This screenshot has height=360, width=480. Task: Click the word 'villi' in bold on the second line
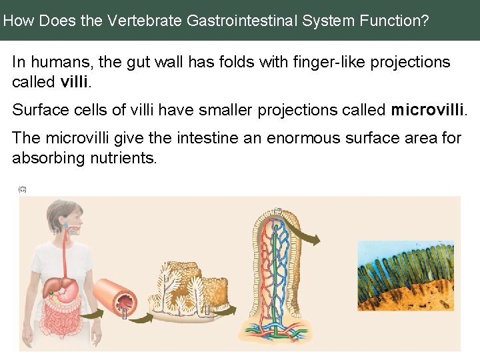click(x=75, y=83)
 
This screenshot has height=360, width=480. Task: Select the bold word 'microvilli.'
click(x=429, y=110)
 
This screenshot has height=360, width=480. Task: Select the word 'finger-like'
click(x=303, y=63)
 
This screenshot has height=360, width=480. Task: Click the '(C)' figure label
click(x=22, y=190)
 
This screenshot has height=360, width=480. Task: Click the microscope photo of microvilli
click(x=405, y=276)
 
